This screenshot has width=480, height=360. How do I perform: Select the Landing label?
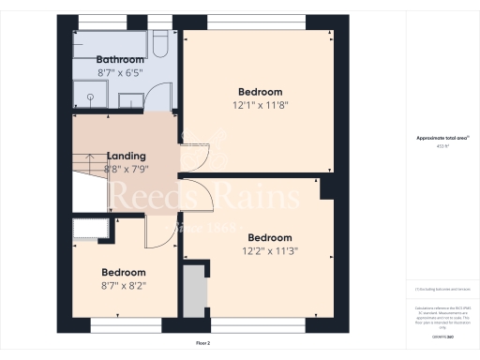(x=126, y=156)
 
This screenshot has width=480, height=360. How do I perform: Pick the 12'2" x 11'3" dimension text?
(x=270, y=250)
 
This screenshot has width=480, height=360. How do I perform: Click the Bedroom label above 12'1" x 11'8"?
(x=260, y=91)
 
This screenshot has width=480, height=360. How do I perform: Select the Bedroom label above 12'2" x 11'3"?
(x=270, y=237)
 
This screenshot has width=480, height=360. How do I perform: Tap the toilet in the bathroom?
(x=160, y=44)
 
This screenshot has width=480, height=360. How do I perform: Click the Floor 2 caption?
(x=204, y=344)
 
